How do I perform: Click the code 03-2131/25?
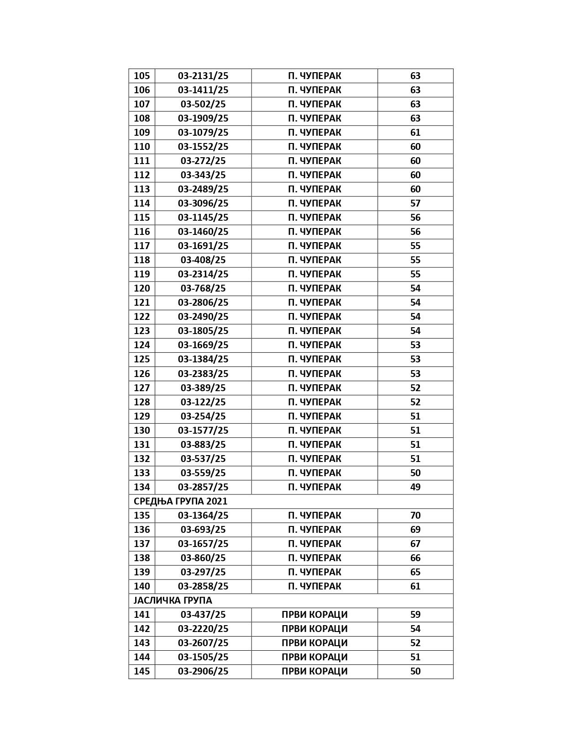(203, 76)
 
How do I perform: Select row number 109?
(142, 133)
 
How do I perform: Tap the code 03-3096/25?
(203, 203)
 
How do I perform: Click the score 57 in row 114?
(415, 203)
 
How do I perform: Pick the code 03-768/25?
(203, 288)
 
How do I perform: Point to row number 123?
(142, 331)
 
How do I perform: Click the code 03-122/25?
(203, 402)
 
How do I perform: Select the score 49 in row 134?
(415, 487)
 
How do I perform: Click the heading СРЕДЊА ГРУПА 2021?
(180, 501)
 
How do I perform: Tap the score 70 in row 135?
(415, 515)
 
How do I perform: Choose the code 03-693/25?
(203, 530)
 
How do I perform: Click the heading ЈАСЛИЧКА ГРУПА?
(173, 600)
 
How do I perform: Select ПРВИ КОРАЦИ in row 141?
(315, 615)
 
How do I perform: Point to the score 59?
(415, 615)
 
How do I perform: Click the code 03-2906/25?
(203, 671)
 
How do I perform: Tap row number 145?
(142, 671)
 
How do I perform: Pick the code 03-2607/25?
(203, 643)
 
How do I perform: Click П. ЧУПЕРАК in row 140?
(315, 586)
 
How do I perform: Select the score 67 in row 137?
(415, 544)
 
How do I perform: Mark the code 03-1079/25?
(203, 133)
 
